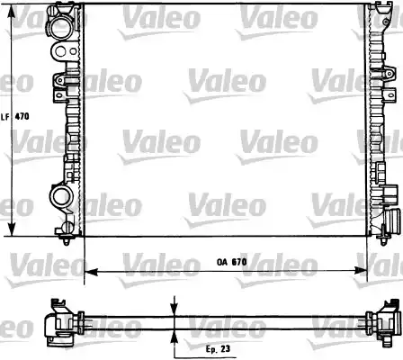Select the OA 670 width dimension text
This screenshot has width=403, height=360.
231,262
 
